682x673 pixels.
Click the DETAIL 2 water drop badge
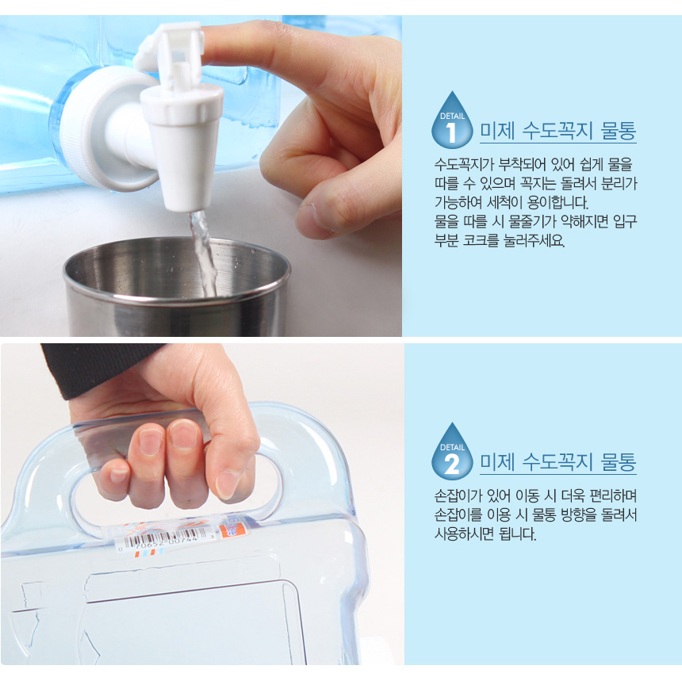(452, 452)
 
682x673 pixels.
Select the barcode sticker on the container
(167, 540)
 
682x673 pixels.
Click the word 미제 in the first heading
(497, 131)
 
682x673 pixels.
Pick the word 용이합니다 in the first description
(557, 203)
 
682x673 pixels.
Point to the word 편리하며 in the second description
(613, 495)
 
